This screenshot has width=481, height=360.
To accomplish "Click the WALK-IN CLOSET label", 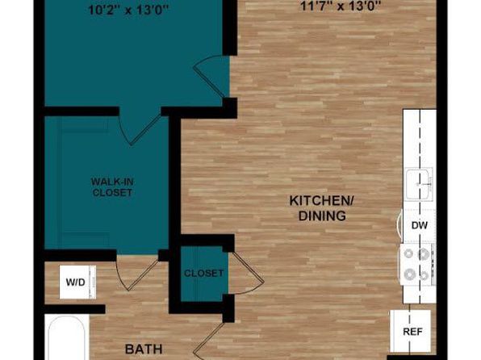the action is (112, 187).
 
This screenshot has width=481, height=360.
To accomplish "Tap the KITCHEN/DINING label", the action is (322, 208).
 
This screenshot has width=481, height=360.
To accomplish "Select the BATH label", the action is (144, 350).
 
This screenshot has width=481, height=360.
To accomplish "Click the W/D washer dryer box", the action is (77, 282).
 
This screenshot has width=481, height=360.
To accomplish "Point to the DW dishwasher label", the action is (420, 225).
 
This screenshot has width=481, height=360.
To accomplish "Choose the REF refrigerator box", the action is (410, 331).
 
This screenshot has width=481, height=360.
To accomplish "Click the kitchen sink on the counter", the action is (419, 184).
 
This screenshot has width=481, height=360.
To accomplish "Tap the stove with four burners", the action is (417, 264).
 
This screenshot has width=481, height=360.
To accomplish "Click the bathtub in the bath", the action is (66, 337).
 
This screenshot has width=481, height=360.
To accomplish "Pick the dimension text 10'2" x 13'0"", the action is (128, 10).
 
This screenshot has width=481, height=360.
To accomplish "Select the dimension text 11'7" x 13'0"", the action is (340, 6).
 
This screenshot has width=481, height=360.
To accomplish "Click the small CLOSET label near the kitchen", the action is (203, 273).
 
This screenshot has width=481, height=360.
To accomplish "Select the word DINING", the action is (322, 216).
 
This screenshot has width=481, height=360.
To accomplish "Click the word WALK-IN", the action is (112, 182).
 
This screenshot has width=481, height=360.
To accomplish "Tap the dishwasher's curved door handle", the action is (399, 225).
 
